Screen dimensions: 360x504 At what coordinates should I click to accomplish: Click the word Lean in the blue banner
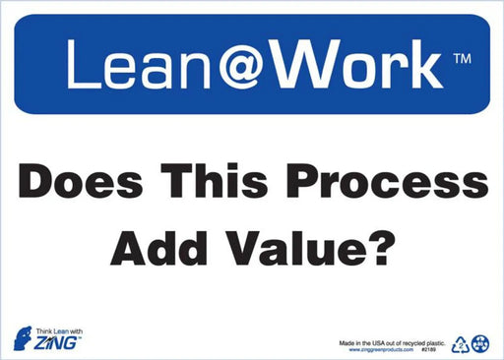[x=123, y=65]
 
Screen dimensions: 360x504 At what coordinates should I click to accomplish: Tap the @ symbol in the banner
[x=232, y=66]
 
